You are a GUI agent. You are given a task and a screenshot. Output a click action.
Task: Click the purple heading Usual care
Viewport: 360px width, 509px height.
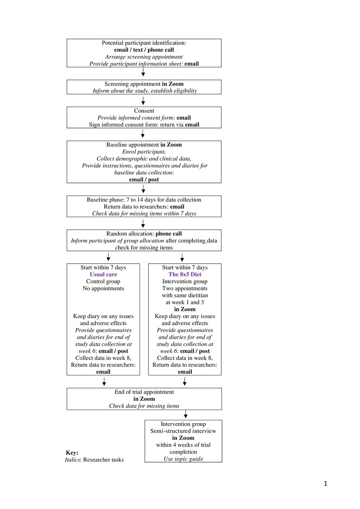103,274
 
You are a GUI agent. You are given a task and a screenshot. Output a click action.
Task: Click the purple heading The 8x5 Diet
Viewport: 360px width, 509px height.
185,274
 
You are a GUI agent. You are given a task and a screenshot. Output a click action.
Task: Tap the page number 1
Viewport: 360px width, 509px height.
325,484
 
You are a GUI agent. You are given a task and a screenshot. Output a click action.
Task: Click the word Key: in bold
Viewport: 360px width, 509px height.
72,453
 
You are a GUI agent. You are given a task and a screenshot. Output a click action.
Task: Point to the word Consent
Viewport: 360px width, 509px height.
144,111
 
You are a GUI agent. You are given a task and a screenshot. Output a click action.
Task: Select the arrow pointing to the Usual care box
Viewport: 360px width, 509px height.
109,257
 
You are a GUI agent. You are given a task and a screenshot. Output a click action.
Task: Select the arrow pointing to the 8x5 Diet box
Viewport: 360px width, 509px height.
182,257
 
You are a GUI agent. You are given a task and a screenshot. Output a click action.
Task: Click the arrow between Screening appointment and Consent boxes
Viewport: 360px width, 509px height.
143,101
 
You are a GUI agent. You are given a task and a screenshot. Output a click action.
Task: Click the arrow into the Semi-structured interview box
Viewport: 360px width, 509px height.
185,414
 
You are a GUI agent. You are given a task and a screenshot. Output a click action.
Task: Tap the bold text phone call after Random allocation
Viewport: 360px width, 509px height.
169,233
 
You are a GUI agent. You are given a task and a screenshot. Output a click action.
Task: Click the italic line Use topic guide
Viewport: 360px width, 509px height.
183,459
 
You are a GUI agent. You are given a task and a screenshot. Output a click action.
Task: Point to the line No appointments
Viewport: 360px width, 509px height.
103,288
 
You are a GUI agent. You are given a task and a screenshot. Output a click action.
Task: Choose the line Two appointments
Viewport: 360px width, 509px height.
185,288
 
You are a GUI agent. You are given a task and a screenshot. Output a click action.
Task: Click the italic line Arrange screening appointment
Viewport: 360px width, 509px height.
144,57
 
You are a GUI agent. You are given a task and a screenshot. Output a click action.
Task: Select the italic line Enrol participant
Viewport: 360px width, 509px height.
144,152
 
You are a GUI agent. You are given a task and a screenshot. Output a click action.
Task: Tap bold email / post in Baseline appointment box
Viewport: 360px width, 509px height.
144,179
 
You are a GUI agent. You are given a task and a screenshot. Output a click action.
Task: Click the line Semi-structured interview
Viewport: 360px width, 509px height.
183,431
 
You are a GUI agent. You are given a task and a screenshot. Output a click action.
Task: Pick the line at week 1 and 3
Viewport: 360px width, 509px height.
185,302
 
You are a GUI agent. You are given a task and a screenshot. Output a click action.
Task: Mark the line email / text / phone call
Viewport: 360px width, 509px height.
144,50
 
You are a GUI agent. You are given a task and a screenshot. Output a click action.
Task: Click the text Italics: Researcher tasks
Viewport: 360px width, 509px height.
94,459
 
